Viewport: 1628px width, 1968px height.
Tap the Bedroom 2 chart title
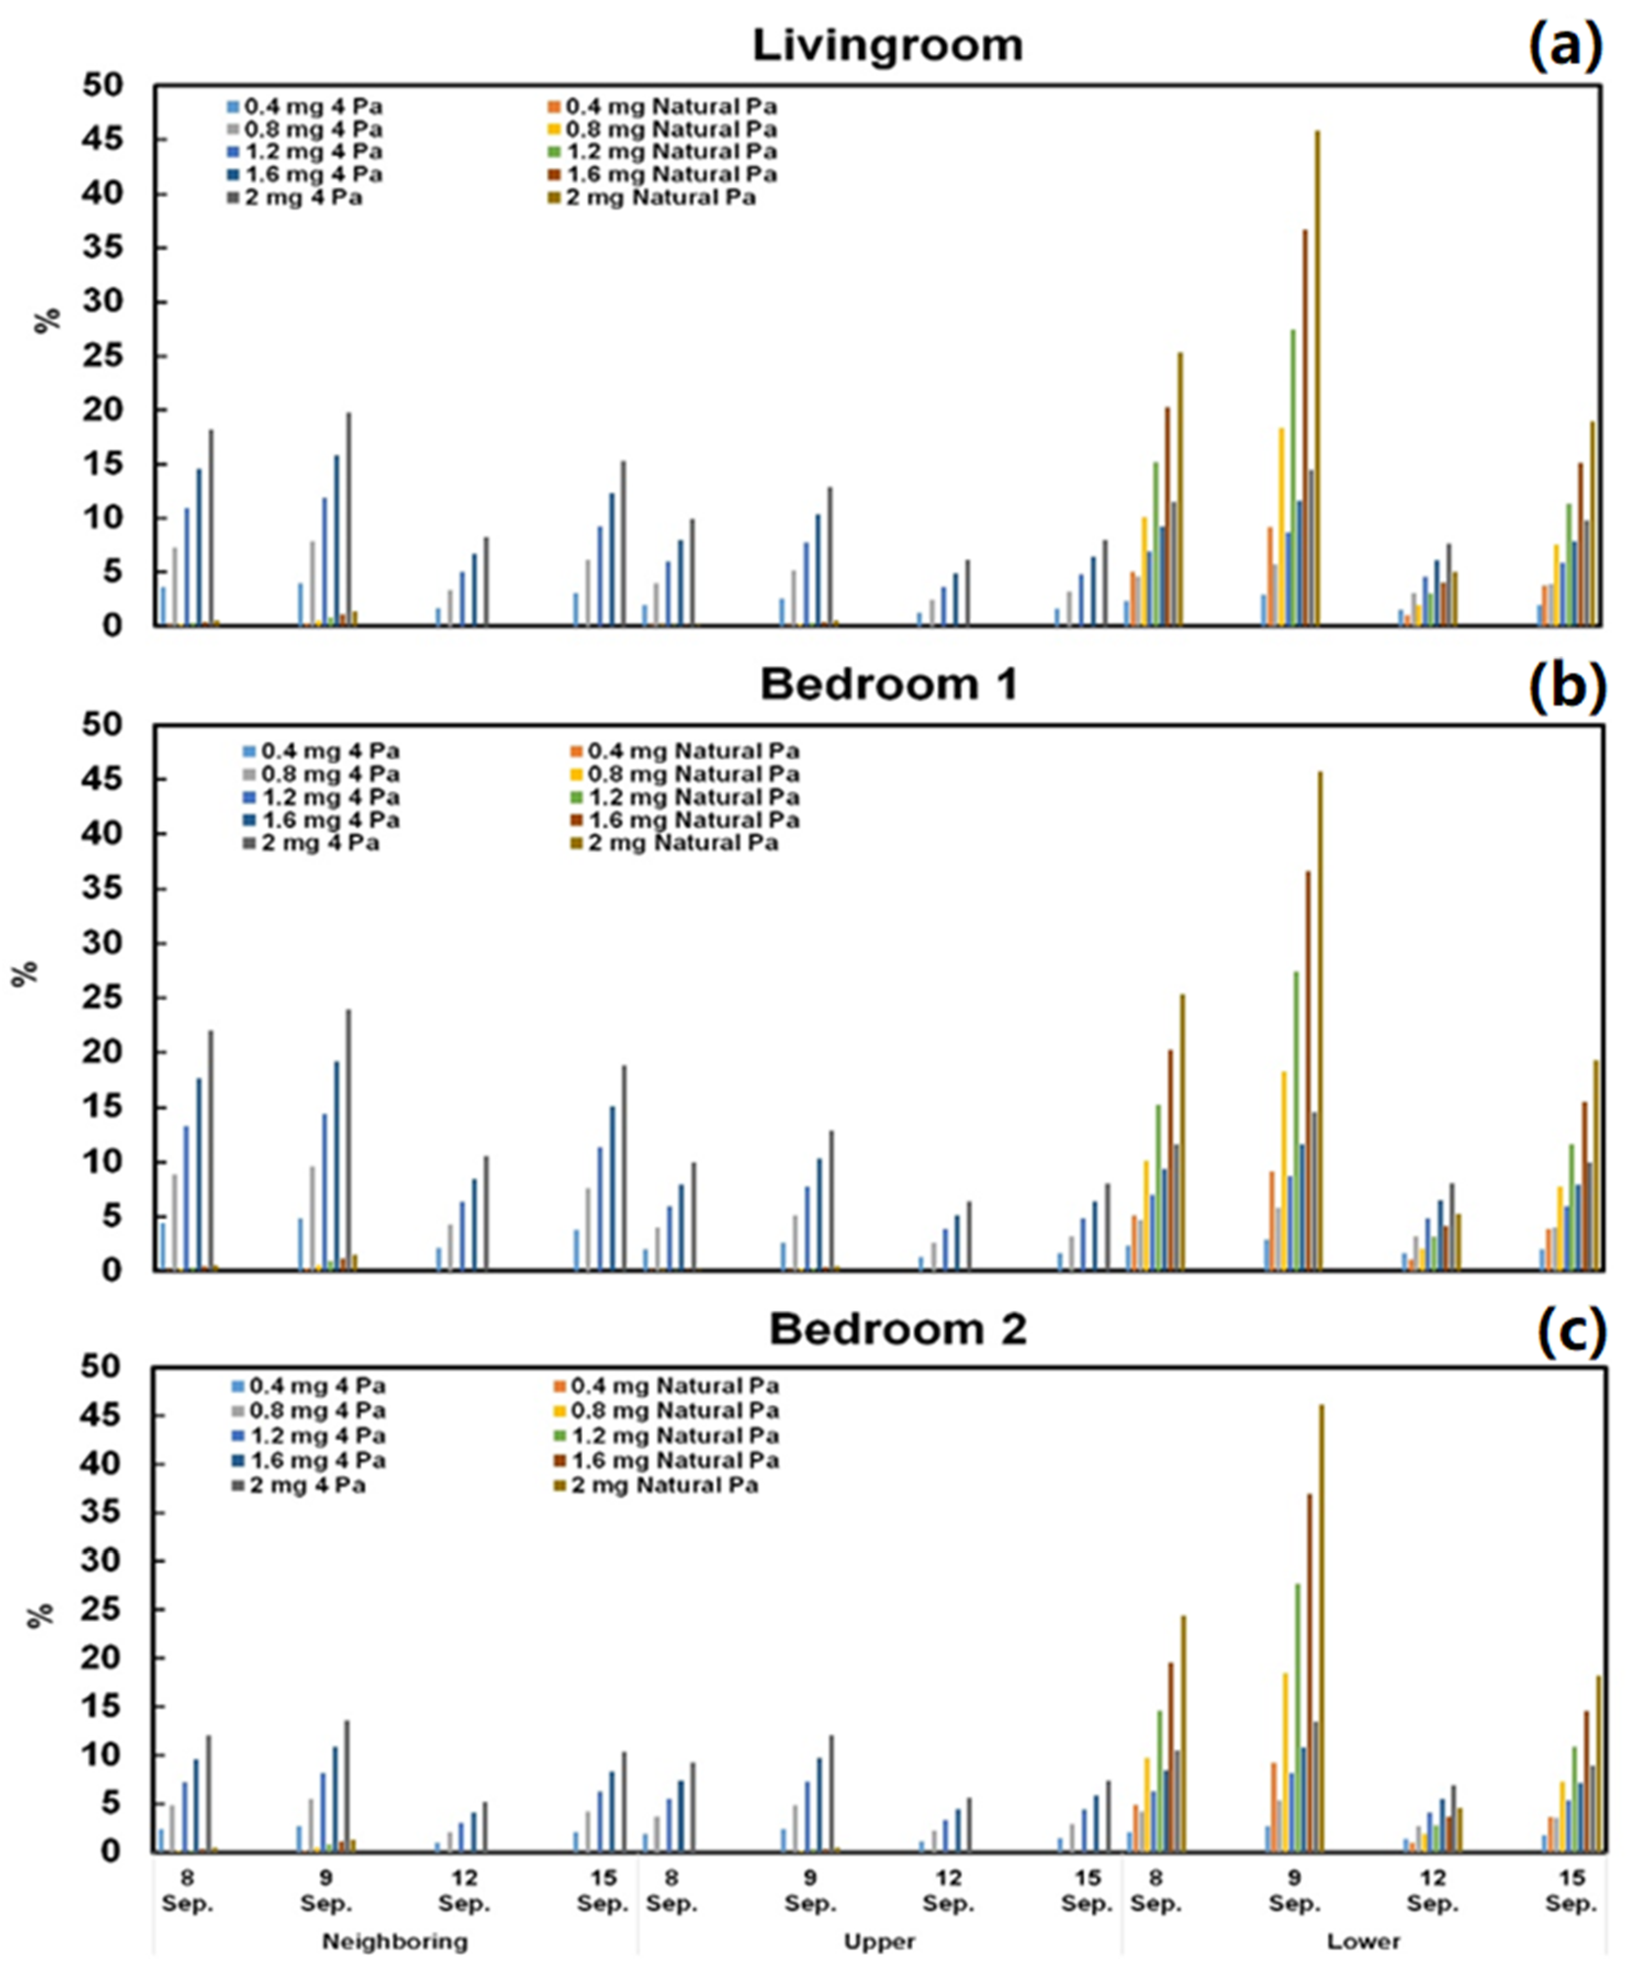click(897, 1330)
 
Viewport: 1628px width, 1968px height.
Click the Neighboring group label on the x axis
click(395, 1941)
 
